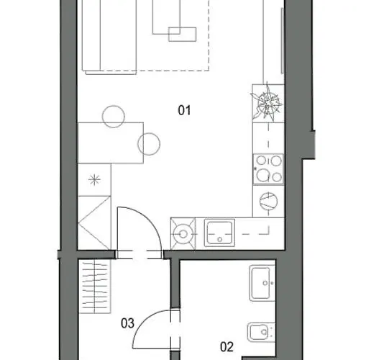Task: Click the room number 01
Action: [x=183, y=110]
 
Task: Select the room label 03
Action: [x=128, y=323]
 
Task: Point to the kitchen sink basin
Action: [x=218, y=232]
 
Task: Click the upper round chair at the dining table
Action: [x=113, y=116]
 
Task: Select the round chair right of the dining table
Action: [x=150, y=145]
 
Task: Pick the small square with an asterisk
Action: [x=94, y=181]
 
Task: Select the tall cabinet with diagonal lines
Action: [x=95, y=222]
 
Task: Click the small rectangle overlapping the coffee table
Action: [x=182, y=35]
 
